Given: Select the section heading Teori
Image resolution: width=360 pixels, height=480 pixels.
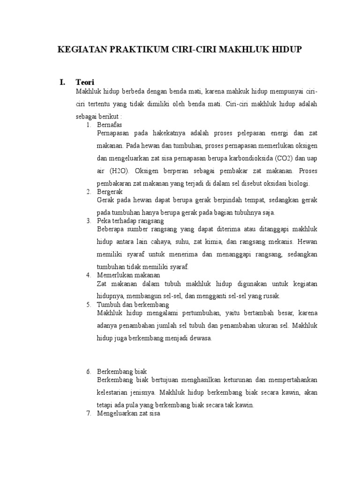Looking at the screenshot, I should click(85, 82).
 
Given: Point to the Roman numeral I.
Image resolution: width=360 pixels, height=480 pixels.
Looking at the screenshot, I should click(62, 82).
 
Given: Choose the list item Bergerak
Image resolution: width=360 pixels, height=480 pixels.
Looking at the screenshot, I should click(110, 192).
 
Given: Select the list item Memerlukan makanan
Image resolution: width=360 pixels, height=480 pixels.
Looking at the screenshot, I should click(128, 275).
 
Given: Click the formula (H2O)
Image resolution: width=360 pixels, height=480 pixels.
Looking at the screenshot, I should click(121, 171).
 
